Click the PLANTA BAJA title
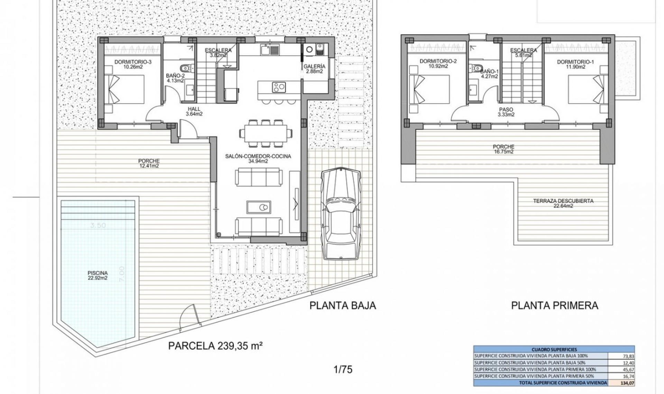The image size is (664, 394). pos(342,306)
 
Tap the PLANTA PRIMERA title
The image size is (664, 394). pos(554,306)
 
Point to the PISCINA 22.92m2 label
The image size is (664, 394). pos(98,275)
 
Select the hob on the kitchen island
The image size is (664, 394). pos(279,87)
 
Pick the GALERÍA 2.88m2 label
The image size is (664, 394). pos(314,69)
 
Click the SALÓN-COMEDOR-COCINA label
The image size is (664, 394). pos(258,158)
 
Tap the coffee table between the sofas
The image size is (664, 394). pos(258,207)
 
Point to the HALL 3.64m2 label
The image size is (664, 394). pos(194,111)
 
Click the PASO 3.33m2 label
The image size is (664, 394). pos(506,112)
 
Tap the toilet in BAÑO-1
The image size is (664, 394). pos(478,67)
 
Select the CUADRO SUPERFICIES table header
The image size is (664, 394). pos(554,349)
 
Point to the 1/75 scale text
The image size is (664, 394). pos(343,369)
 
